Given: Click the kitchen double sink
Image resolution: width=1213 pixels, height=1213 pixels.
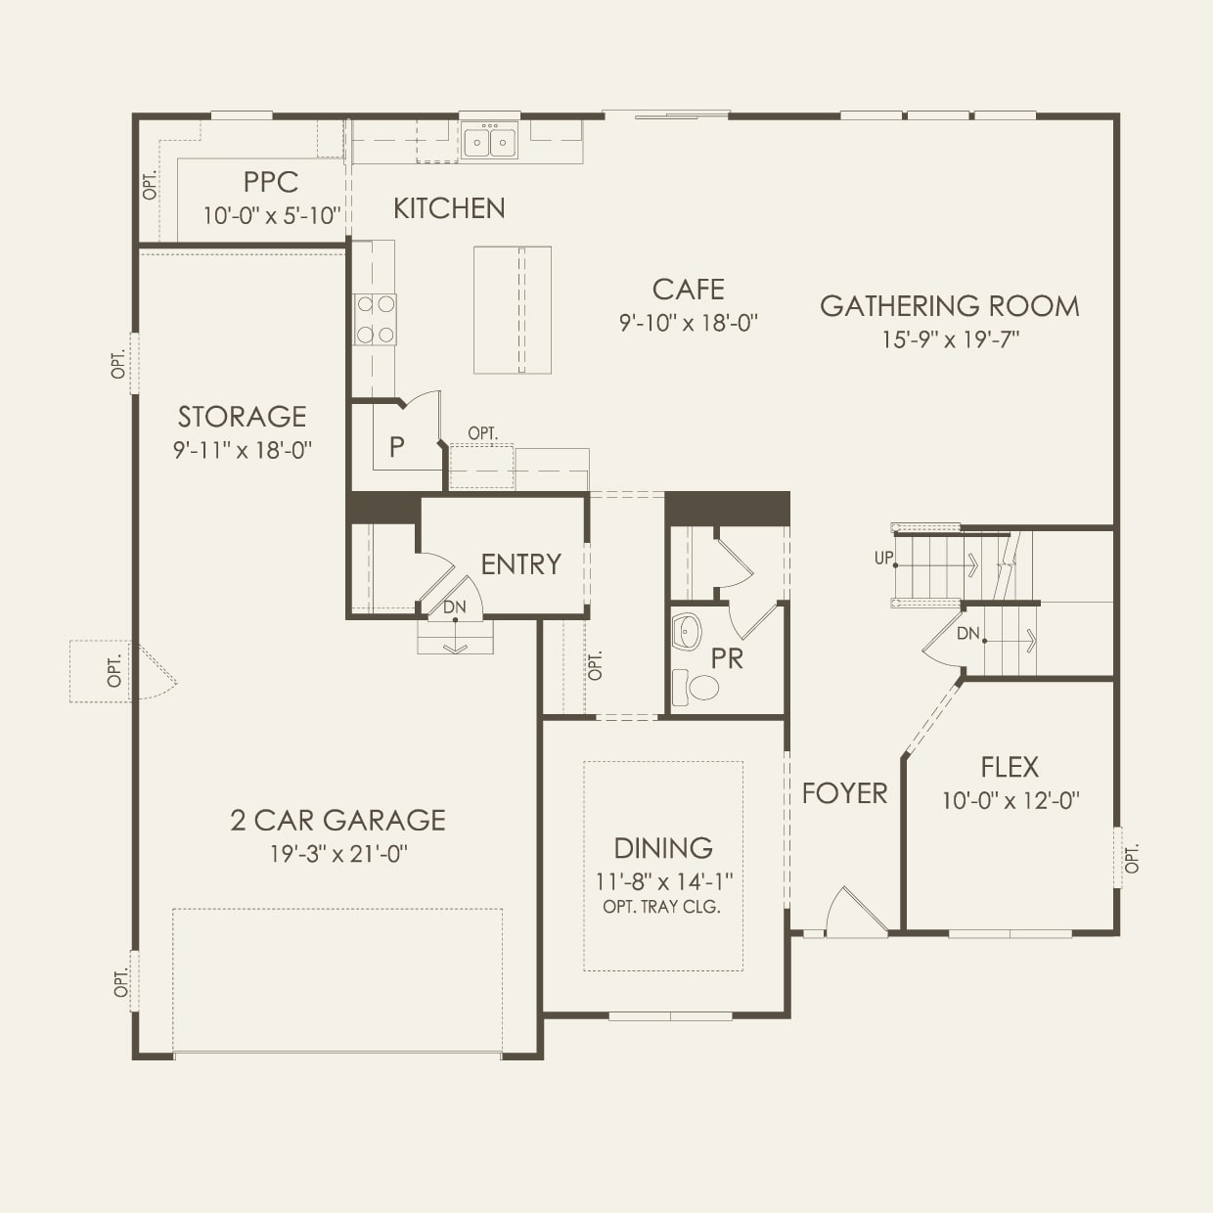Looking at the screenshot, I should (x=489, y=141).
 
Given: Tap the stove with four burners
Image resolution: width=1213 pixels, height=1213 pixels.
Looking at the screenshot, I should (x=376, y=320).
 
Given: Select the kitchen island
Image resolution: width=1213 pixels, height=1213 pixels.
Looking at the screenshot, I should (x=513, y=309).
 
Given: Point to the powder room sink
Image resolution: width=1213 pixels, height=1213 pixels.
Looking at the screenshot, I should (x=687, y=632).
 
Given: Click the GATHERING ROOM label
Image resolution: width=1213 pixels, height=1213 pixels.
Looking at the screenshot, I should (x=949, y=306).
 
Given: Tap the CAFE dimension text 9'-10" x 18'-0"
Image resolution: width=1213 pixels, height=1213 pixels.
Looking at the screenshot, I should (x=689, y=323).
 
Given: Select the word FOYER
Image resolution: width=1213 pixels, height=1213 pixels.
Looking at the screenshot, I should (x=844, y=793).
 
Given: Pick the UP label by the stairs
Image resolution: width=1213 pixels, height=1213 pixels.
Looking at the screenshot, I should (x=883, y=558).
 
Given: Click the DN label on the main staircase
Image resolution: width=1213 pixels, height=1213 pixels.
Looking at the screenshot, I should (x=967, y=634).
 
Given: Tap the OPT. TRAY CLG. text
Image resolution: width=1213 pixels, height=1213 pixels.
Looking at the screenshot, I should (x=662, y=907).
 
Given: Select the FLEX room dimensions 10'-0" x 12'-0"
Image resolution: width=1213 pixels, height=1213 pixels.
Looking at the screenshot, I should (x=1010, y=800).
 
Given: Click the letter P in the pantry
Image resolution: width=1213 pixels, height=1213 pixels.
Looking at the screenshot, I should (x=396, y=447).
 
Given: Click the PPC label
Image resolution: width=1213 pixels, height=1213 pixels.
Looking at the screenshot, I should (x=271, y=182).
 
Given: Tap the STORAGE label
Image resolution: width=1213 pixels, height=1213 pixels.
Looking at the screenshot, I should (x=242, y=417).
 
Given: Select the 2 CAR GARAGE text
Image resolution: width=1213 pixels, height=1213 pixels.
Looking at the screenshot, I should (x=337, y=820).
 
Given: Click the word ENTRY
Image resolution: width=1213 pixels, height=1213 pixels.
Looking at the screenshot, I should (x=520, y=564).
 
